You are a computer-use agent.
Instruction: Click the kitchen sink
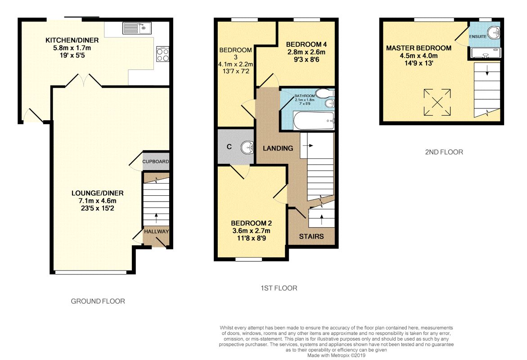coord(137,28)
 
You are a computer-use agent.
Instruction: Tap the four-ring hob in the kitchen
coord(162,54)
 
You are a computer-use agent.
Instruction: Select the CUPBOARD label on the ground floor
coord(156,162)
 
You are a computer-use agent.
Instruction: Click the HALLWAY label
coord(156,231)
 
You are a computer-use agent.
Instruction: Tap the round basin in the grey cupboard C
coord(248,147)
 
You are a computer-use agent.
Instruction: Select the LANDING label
coord(278,148)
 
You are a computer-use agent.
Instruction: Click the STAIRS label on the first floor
coord(311,236)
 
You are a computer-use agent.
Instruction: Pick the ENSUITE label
coord(477,36)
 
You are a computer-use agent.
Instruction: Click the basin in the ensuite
coord(494,33)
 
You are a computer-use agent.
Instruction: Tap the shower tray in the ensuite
coord(486,53)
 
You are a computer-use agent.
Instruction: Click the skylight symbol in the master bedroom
coord(437,102)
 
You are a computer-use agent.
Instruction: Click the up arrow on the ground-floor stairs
coord(156,218)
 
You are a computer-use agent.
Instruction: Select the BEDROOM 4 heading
coord(306,45)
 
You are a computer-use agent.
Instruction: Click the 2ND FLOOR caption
coord(444,152)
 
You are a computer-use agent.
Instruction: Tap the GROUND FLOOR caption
coord(98,301)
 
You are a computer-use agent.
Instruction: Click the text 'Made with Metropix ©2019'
coord(336,355)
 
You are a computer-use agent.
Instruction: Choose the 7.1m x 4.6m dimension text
coord(98,201)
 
